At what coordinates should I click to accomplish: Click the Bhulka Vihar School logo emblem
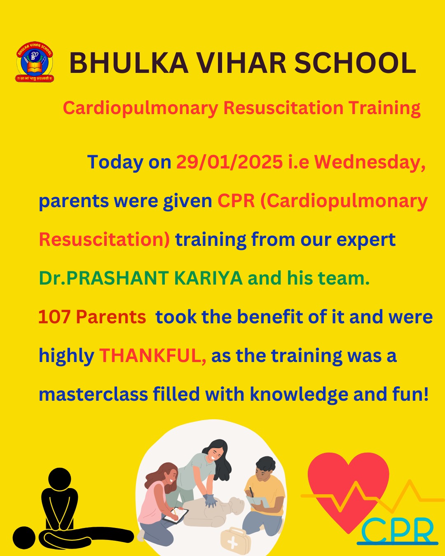pyautogui.click(x=35, y=62)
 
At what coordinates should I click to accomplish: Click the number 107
pyautogui.click(x=54, y=317)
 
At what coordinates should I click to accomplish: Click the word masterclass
pyautogui.click(x=94, y=395)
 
